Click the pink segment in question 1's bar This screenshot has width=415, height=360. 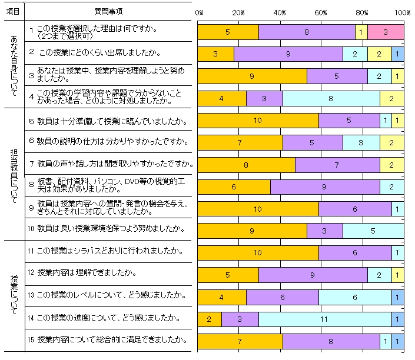tap(386, 32)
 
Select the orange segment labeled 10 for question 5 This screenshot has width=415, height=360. tap(258, 121)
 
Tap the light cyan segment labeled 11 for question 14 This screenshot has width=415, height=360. tap(325, 319)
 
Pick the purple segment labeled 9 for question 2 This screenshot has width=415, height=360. tap(288, 54)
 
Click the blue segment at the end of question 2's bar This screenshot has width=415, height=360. tap(398, 54)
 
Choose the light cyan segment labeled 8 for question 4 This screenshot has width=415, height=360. tap(331, 98)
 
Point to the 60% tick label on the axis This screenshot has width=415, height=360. tap(321, 12)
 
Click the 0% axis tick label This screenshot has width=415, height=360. tap(199, 12)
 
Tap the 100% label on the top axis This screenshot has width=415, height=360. tap(403, 12)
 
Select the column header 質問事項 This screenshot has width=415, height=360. tap(108, 11)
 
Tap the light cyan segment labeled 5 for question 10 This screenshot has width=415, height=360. tap(373, 231)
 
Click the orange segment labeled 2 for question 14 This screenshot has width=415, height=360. tap(209, 319)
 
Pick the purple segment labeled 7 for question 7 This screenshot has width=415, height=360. tap(337, 165)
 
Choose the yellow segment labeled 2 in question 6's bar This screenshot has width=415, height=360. tap(391, 142)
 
